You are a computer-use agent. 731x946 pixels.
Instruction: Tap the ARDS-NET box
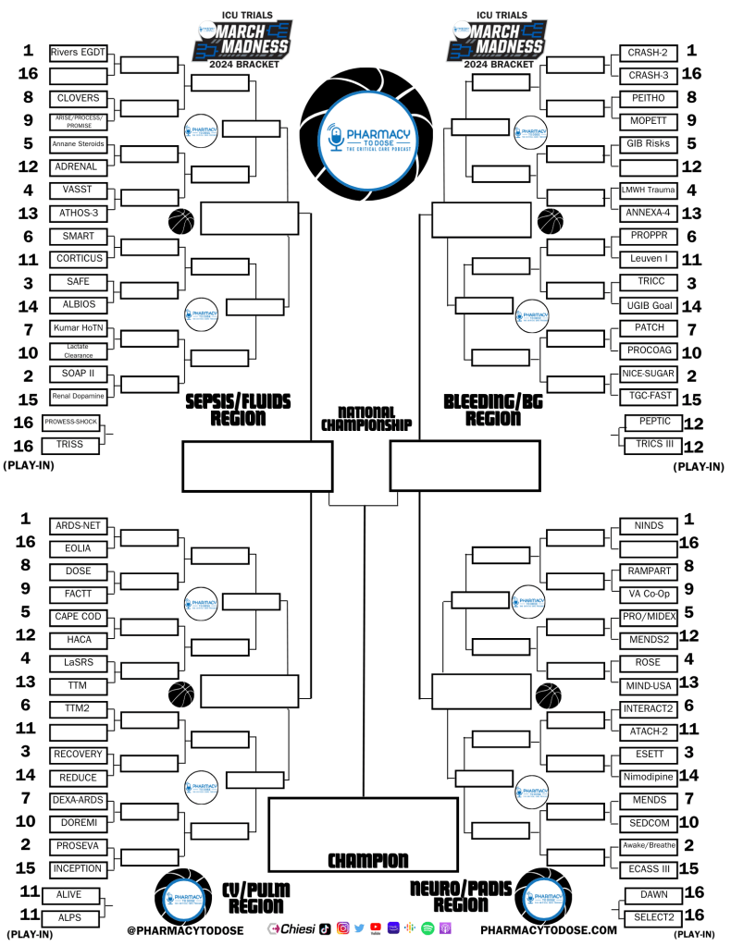pyautogui.click(x=78, y=526)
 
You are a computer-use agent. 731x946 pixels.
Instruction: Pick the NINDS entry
pyautogui.click(x=649, y=526)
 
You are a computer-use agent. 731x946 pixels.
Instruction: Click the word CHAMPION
pyautogui.click(x=367, y=861)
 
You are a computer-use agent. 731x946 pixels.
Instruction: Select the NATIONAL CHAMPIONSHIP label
pyautogui.click(x=366, y=418)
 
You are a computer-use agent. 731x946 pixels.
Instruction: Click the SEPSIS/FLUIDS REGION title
pyautogui.click(x=240, y=409)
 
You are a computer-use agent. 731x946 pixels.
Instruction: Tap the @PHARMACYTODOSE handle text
pyautogui.click(x=185, y=929)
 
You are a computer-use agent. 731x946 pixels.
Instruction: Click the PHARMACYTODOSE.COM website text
pyautogui.click(x=549, y=929)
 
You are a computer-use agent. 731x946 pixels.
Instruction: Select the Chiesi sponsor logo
pyautogui.click(x=291, y=928)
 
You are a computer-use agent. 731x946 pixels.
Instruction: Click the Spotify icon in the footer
pyautogui.click(x=427, y=928)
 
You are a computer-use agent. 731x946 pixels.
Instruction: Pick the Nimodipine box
pyautogui.click(x=646, y=777)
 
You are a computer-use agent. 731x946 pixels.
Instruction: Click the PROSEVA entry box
pyautogui.click(x=78, y=846)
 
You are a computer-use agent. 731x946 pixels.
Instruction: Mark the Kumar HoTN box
pyautogui.click(x=78, y=328)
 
